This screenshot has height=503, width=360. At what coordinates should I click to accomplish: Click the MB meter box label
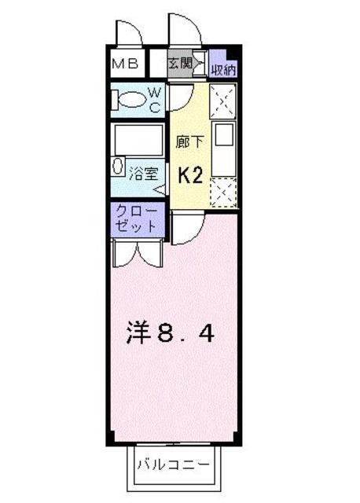pos(126,64)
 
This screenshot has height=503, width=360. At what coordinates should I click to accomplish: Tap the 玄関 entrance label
pos(180,63)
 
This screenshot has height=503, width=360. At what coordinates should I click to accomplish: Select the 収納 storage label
pos(223,70)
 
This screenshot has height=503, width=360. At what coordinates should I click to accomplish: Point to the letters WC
pos(154,101)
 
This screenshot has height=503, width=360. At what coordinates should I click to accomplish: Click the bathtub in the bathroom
pos(138,140)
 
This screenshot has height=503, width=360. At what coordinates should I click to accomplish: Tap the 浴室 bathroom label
pos(143,174)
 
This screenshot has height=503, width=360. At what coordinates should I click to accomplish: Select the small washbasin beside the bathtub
pos(118,166)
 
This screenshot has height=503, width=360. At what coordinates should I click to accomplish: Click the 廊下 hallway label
pos(190,141)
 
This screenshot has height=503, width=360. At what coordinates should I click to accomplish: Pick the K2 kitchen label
pos(190,175)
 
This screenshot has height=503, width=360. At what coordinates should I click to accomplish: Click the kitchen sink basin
pos(224,134)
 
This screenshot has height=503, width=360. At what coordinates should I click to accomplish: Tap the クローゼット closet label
pos(136,219)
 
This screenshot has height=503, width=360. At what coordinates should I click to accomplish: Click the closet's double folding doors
pos(137,254)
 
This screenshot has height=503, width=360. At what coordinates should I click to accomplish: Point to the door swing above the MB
pos(130,32)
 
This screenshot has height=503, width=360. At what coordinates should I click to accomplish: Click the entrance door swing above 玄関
pos(185,29)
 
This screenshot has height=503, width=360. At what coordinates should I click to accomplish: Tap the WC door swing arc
pos(182,97)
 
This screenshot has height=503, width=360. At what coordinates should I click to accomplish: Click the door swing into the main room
pos(188,229)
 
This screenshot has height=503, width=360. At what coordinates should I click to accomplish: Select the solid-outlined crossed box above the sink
pos(222,101)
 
